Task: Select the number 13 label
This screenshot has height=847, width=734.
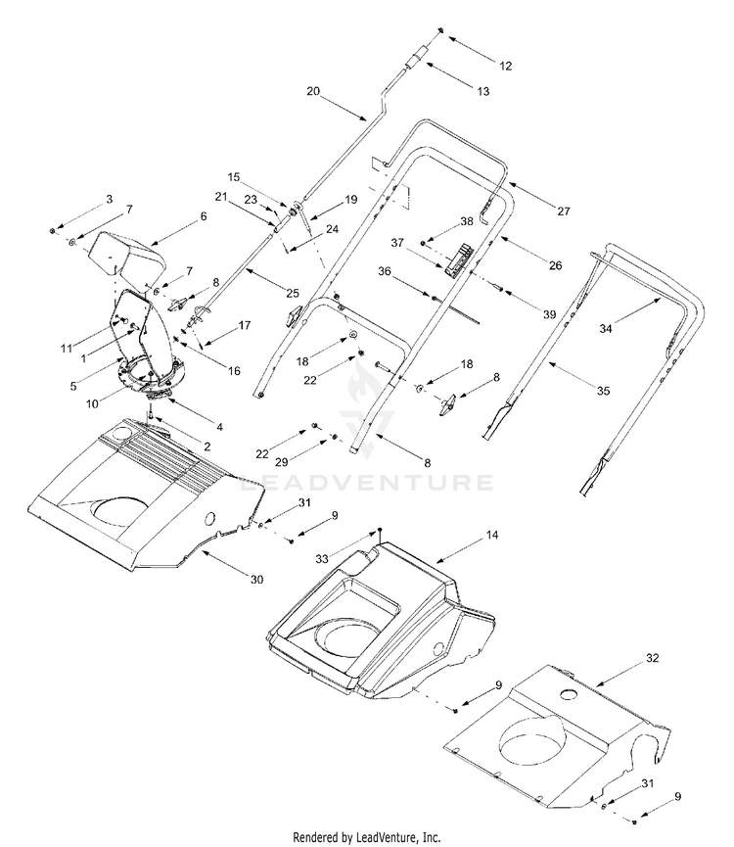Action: pyautogui.click(x=482, y=90)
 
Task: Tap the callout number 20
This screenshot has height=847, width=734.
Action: pyautogui.click(x=313, y=90)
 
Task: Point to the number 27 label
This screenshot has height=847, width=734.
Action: pyautogui.click(x=563, y=211)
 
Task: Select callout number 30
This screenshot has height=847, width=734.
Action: pyautogui.click(x=256, y=580)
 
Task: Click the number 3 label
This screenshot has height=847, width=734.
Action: pyautogui.click(x=110, y=200)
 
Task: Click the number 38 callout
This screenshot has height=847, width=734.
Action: pyautogui.click(x=467, y=221)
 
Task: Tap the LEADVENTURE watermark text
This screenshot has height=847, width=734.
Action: pyautogui.click(x=367, y=482)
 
